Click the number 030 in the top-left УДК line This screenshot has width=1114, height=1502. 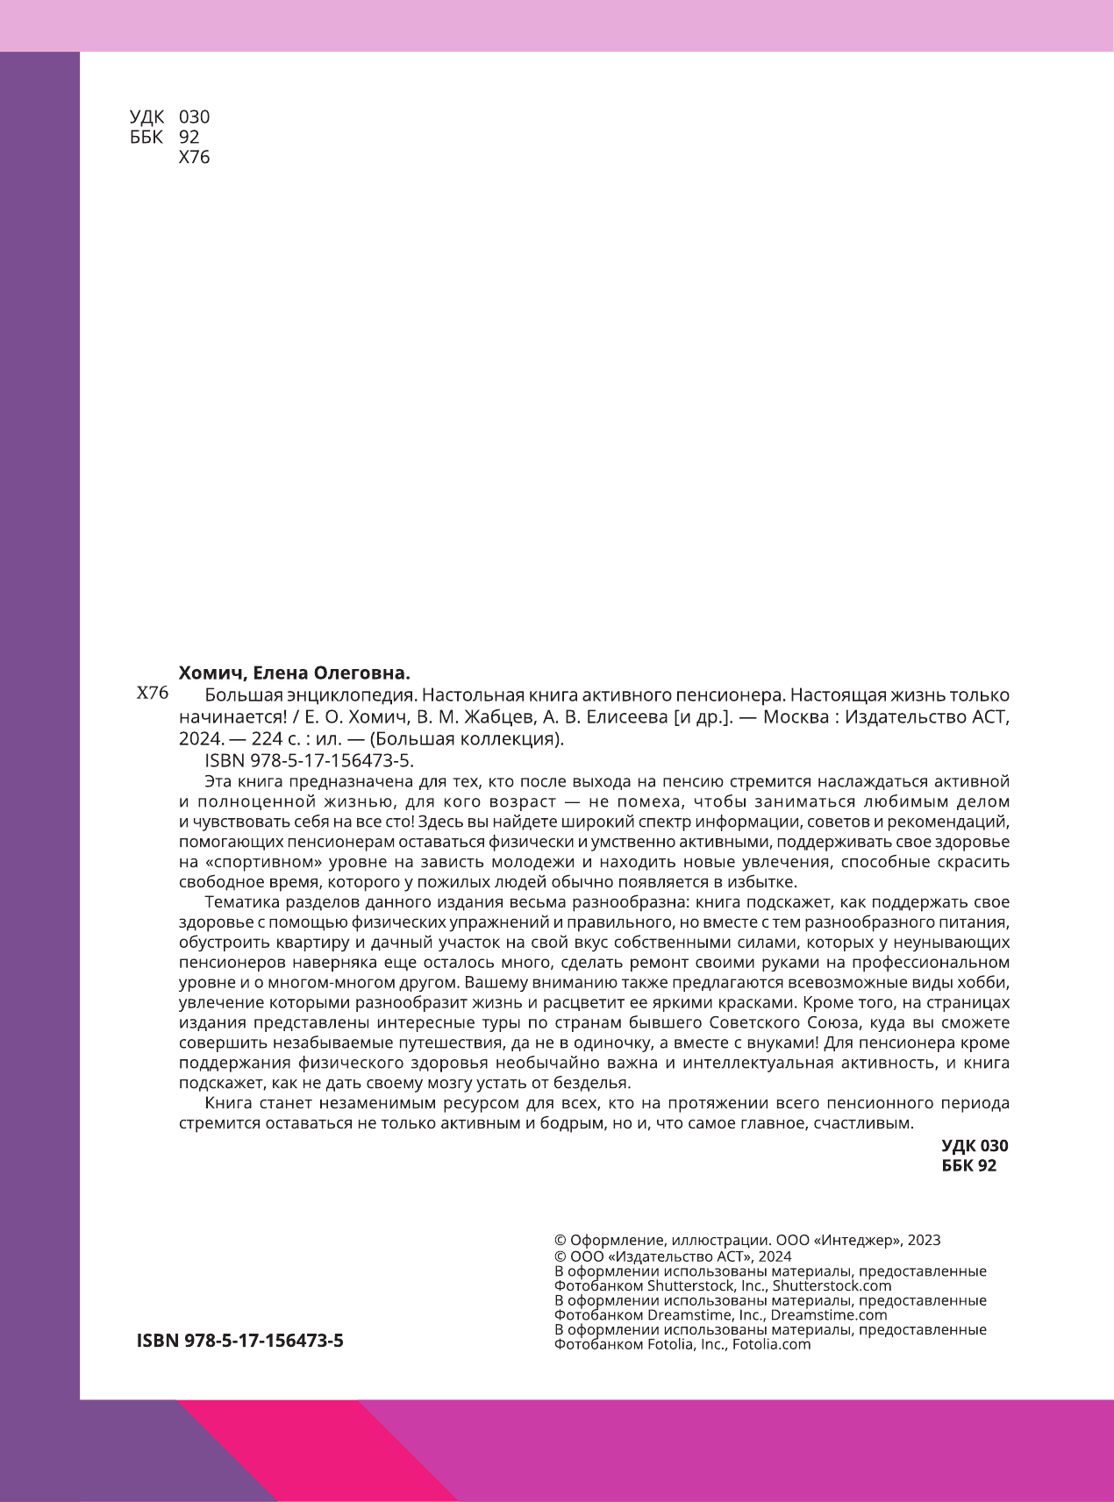(x=194, y=117)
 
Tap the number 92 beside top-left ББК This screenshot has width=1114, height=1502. (x=189, y=137)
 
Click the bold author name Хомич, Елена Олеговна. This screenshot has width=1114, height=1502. (x=295, y=673)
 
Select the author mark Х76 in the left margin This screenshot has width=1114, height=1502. (x=153, y=694)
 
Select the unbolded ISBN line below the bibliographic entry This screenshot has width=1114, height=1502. (x=308, y=760)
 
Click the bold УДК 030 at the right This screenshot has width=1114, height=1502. (x=975, y=1146)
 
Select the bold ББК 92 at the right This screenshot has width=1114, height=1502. (x=968, y=1165)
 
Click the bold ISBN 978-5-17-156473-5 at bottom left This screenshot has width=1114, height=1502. (x=240, y=1341)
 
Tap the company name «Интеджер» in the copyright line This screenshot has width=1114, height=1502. (x=856, y=1241)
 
